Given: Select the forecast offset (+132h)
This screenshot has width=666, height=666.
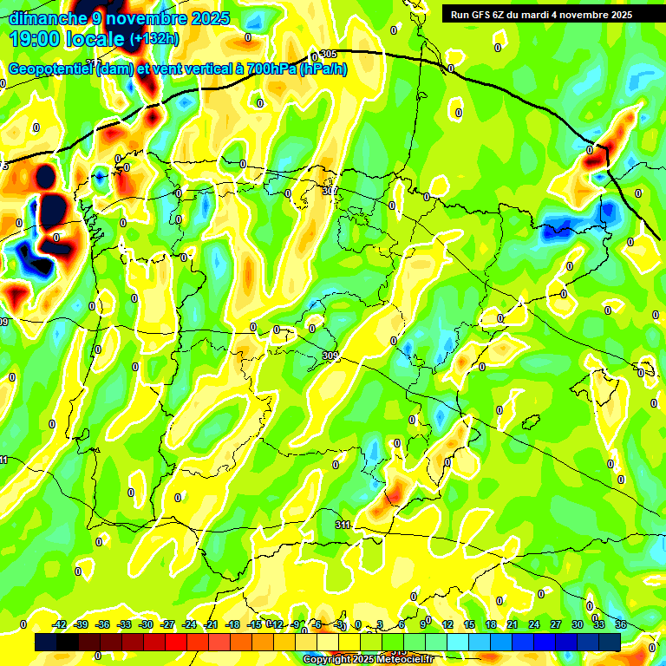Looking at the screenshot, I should point(155,39).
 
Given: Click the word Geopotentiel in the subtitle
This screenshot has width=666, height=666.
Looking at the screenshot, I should point(50,69).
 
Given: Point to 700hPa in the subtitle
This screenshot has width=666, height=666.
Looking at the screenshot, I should point(269,69).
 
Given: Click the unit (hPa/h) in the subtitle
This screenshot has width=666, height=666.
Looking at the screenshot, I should point(323,69).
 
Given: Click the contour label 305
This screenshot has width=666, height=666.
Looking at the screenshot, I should point(328,54).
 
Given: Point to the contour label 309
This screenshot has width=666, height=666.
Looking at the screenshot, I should point(329,356).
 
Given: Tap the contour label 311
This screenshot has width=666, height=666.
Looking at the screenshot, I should point(343,525).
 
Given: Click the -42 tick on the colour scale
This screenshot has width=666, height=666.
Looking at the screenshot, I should point(60,624).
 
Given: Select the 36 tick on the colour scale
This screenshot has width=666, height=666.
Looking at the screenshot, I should point(620,624).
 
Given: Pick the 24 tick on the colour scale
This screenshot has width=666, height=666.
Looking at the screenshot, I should point(533,624).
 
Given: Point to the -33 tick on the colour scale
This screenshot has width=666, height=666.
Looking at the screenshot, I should point(124,624).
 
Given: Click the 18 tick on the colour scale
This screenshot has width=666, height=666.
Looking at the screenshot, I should point(490,624).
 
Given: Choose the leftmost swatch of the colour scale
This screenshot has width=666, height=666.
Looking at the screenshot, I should point(46,642).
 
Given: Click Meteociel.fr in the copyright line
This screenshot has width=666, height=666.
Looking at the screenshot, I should point(400,660).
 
